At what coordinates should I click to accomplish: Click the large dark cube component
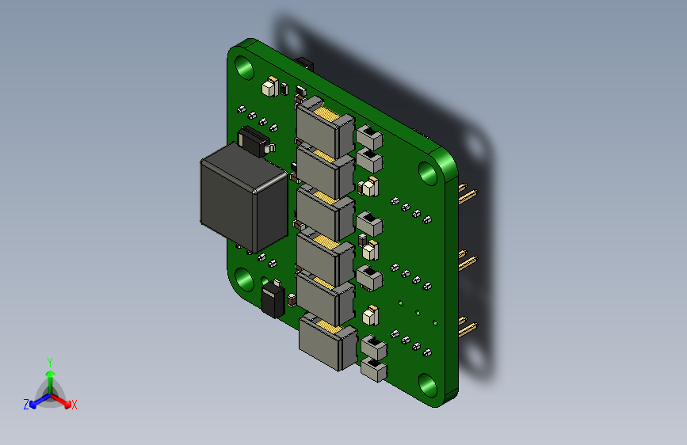[x=243, y=197]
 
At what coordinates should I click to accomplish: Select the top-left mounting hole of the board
[x=244, y=67]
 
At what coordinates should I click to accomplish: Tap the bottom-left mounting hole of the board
[x=244, y=280]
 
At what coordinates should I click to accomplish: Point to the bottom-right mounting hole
[x=428, y=385]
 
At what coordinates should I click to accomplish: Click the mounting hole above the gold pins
[x=428, y=173]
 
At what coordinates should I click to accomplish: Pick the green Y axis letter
[x=50, y=363]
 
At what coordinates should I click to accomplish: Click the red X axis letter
[x=74, y=405]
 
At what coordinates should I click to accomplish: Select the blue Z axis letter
[x=26, y=405]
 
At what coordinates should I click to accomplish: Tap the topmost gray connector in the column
[x=325, y=126]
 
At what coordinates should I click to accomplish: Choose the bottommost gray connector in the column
[x=328, y=343]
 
